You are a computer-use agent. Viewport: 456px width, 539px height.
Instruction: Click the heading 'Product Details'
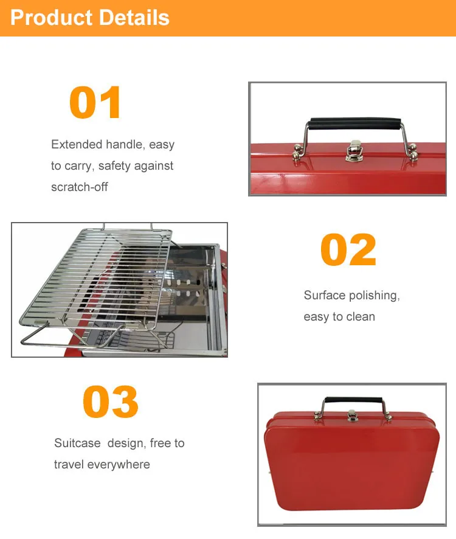pos(90,18)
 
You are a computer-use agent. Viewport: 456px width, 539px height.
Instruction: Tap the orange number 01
pos(95,102)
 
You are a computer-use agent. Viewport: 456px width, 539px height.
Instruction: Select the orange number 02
pos(348,250)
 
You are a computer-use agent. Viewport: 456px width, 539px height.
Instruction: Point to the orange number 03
pos(111,402)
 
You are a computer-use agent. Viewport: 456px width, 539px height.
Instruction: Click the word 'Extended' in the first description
pos(77,145)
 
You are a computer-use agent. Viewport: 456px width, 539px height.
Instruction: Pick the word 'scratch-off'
pos(80,187)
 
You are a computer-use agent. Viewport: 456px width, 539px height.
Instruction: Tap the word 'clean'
pos(361,317)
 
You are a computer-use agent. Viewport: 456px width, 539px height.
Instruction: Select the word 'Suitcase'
pos(77,443)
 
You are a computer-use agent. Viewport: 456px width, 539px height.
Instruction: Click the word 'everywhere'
pos(119,465)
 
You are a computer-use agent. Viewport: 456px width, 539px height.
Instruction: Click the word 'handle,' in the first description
pos(125,145)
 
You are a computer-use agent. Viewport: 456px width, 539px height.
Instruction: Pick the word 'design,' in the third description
pos(126,443)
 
